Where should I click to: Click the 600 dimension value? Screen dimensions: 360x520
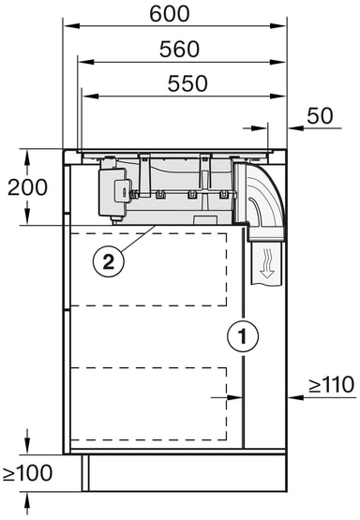(170, 14)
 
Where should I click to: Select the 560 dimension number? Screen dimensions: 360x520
(179, 49)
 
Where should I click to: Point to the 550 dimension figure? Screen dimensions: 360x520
(187, 83)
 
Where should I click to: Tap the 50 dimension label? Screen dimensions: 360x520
(320, 116)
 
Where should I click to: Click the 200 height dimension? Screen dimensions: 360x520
(27, 187)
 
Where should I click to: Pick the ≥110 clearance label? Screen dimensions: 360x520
(332, 385)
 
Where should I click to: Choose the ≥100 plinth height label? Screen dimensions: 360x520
(28, 472)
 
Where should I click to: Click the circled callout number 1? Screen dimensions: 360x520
(243, 336)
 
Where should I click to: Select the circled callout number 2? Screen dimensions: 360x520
(109, 262)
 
